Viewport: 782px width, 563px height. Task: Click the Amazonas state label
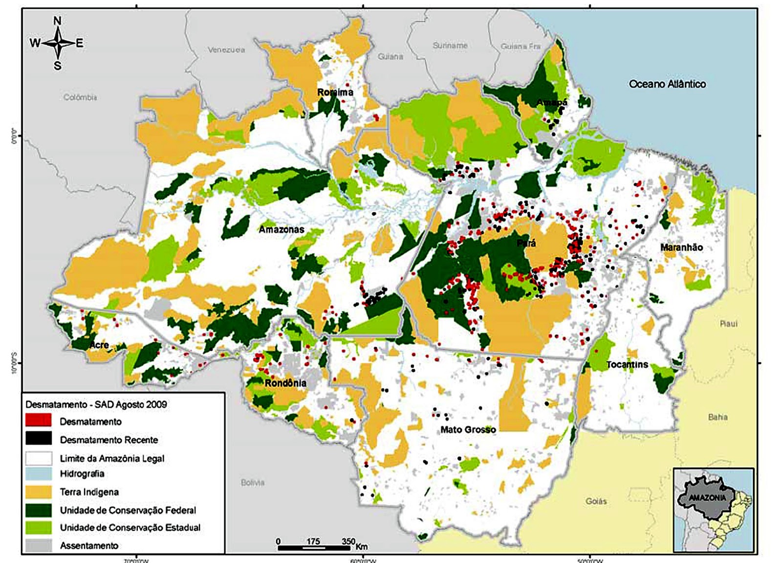coord(281,229)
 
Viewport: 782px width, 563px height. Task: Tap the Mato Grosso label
coord(468,430)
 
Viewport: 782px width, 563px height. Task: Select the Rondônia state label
coord(285,383)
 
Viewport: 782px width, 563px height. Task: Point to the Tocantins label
coord(627,364)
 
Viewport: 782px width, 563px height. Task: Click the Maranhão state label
coord(681,248)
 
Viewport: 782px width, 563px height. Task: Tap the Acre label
coord(99,345)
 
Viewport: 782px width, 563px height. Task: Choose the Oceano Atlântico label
coord(667,84)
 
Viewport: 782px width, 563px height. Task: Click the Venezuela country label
coord(226,50)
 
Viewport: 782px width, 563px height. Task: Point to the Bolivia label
coord(253,482)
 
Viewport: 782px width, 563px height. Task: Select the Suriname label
coord(450,45)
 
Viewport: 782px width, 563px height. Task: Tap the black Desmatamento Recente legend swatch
coord(39,439)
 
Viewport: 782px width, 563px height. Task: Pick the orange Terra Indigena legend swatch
coord(39,492)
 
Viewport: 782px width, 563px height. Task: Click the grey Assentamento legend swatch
coord(39,545)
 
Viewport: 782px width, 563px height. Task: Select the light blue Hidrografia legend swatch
coord(39,473)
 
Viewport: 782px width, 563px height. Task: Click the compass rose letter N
coord(57,21)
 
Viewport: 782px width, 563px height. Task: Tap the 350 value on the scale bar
coord(348,541)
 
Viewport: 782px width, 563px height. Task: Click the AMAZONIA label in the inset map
coord(707,497)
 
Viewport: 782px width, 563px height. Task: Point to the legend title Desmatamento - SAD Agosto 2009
coord(96,405)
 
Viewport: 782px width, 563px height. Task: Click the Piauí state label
coord(728,324)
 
